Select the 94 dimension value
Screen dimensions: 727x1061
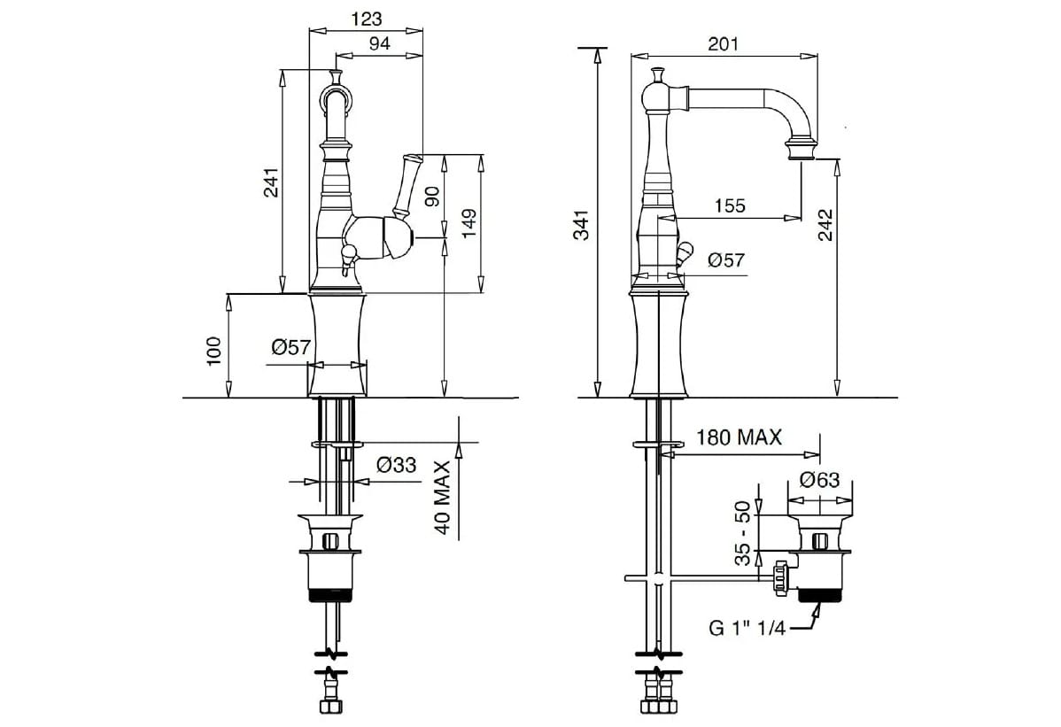pyautogui.click(x=380, y=44)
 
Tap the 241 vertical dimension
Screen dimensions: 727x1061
pyautogui.click(x=272, y=182)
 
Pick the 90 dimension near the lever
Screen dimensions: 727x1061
pyautogui.click(x=432, y=195)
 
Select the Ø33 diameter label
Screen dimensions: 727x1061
pyautogui.click(x=396, y=464)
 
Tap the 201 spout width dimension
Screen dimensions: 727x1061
pyautogui.click(x=723, y=43)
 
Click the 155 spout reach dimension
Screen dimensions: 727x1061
pyautogui.click(x=730, y=205)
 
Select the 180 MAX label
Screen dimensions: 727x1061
pyautogui.click(x=739, y=437)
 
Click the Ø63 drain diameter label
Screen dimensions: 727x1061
pyautogui.click(x=818, y=480)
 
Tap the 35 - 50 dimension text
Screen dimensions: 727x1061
pyautogui.click(x=744, y=533)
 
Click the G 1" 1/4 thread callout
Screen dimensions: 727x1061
pyautogui.click(x=746, y=629)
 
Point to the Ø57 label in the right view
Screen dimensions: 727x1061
pyautogui.click(x=726, y=259)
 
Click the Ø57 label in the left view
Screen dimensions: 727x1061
pyautogui.click(x=290, y=347)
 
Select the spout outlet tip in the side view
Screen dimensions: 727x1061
pyautogui.click(x=802, y=157)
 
